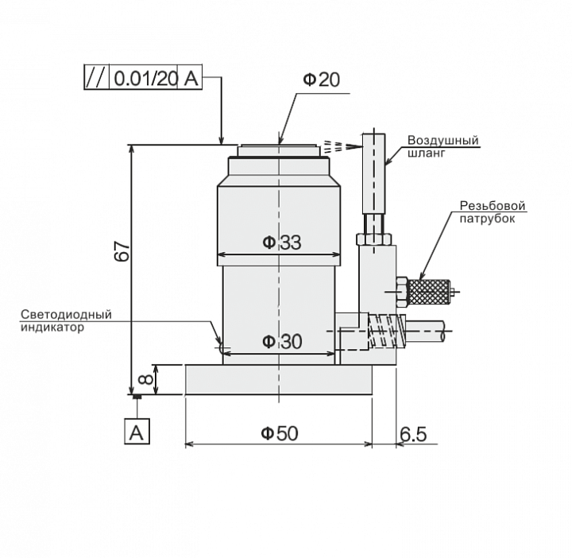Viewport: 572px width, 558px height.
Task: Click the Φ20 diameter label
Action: click(322, 79)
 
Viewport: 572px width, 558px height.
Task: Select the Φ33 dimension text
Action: click(282, 242)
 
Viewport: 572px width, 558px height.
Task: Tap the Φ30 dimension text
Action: click(282, 342)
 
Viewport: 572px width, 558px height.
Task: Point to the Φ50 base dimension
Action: click(280, 433)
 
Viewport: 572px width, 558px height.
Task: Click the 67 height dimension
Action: click(122, 251)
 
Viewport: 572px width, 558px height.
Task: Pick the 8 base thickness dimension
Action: click(146, 379)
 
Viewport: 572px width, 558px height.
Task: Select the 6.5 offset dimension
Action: click(413, 434)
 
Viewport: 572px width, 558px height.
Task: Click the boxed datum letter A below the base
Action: click(137, 432)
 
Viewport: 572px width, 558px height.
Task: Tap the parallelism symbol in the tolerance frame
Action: click(97, 77)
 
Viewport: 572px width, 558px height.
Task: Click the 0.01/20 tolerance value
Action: click(145, 78)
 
